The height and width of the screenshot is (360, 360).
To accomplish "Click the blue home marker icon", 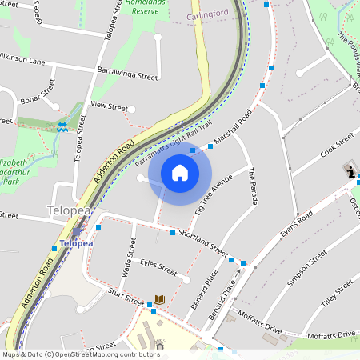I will pos(180,173).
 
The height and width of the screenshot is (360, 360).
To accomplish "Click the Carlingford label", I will pos(207,15).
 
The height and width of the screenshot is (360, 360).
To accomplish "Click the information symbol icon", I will pos(351,171).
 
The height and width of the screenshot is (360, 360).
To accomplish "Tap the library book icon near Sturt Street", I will pos(158,299).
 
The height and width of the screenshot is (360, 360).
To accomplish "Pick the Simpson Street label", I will pos(307,267).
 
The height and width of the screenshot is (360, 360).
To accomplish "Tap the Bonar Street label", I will pos(38,106).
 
